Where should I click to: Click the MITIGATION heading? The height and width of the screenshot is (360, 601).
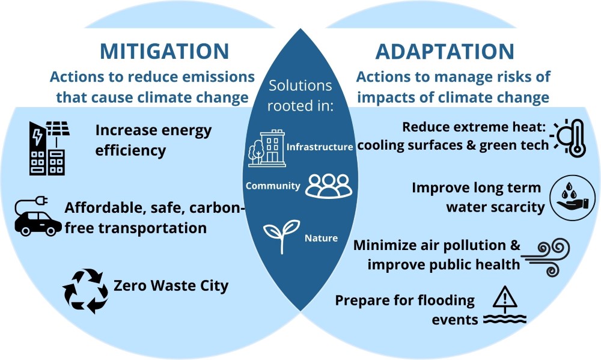(x=164, y=51)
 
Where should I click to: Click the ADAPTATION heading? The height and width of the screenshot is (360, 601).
(x=444, y=51)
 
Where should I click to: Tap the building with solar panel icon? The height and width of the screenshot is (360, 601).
(x=47, y=148)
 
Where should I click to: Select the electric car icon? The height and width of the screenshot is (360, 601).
(x=38, y=219)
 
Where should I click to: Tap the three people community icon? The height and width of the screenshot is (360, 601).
(x=327, y=186)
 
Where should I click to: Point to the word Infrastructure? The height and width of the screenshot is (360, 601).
(x=320, y=147)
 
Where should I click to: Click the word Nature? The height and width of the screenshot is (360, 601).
(x=321, y=239)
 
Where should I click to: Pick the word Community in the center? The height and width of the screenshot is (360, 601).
(x=273, y=186)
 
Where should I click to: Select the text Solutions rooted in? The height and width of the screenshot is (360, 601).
(x=300, y=95)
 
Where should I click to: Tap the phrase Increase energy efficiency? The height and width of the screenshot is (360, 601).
(x=153, y=140)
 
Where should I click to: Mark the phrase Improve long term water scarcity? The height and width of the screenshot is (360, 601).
(x=478, y=197)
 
